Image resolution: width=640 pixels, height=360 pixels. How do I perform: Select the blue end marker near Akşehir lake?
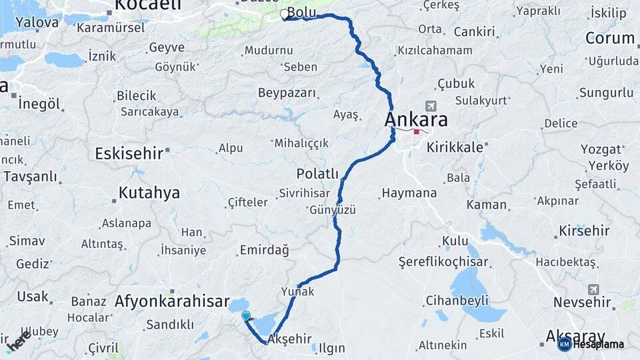click(x=246, y=316)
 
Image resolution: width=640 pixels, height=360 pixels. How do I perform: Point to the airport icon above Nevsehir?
click(x=593, y=289)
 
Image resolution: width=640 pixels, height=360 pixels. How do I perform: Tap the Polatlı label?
click(x=318, y=173)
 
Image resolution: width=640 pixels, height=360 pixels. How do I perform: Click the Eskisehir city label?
click(x=129, y=154)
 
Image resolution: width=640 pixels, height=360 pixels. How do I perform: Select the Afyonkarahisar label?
click(x=171, y=301)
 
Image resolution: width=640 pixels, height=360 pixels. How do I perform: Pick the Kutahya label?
click(x=149, y=193)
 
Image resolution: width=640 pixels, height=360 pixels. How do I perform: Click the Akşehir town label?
click(x=289, y=339)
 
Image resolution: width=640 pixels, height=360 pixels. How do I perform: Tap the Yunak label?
click(x=298, y=292)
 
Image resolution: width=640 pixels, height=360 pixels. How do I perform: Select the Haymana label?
click(x=409, y=193)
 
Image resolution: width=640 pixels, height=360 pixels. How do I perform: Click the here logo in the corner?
click(x=18, y=341)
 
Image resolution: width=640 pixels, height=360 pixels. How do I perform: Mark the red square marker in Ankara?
click(x=417, y=131)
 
